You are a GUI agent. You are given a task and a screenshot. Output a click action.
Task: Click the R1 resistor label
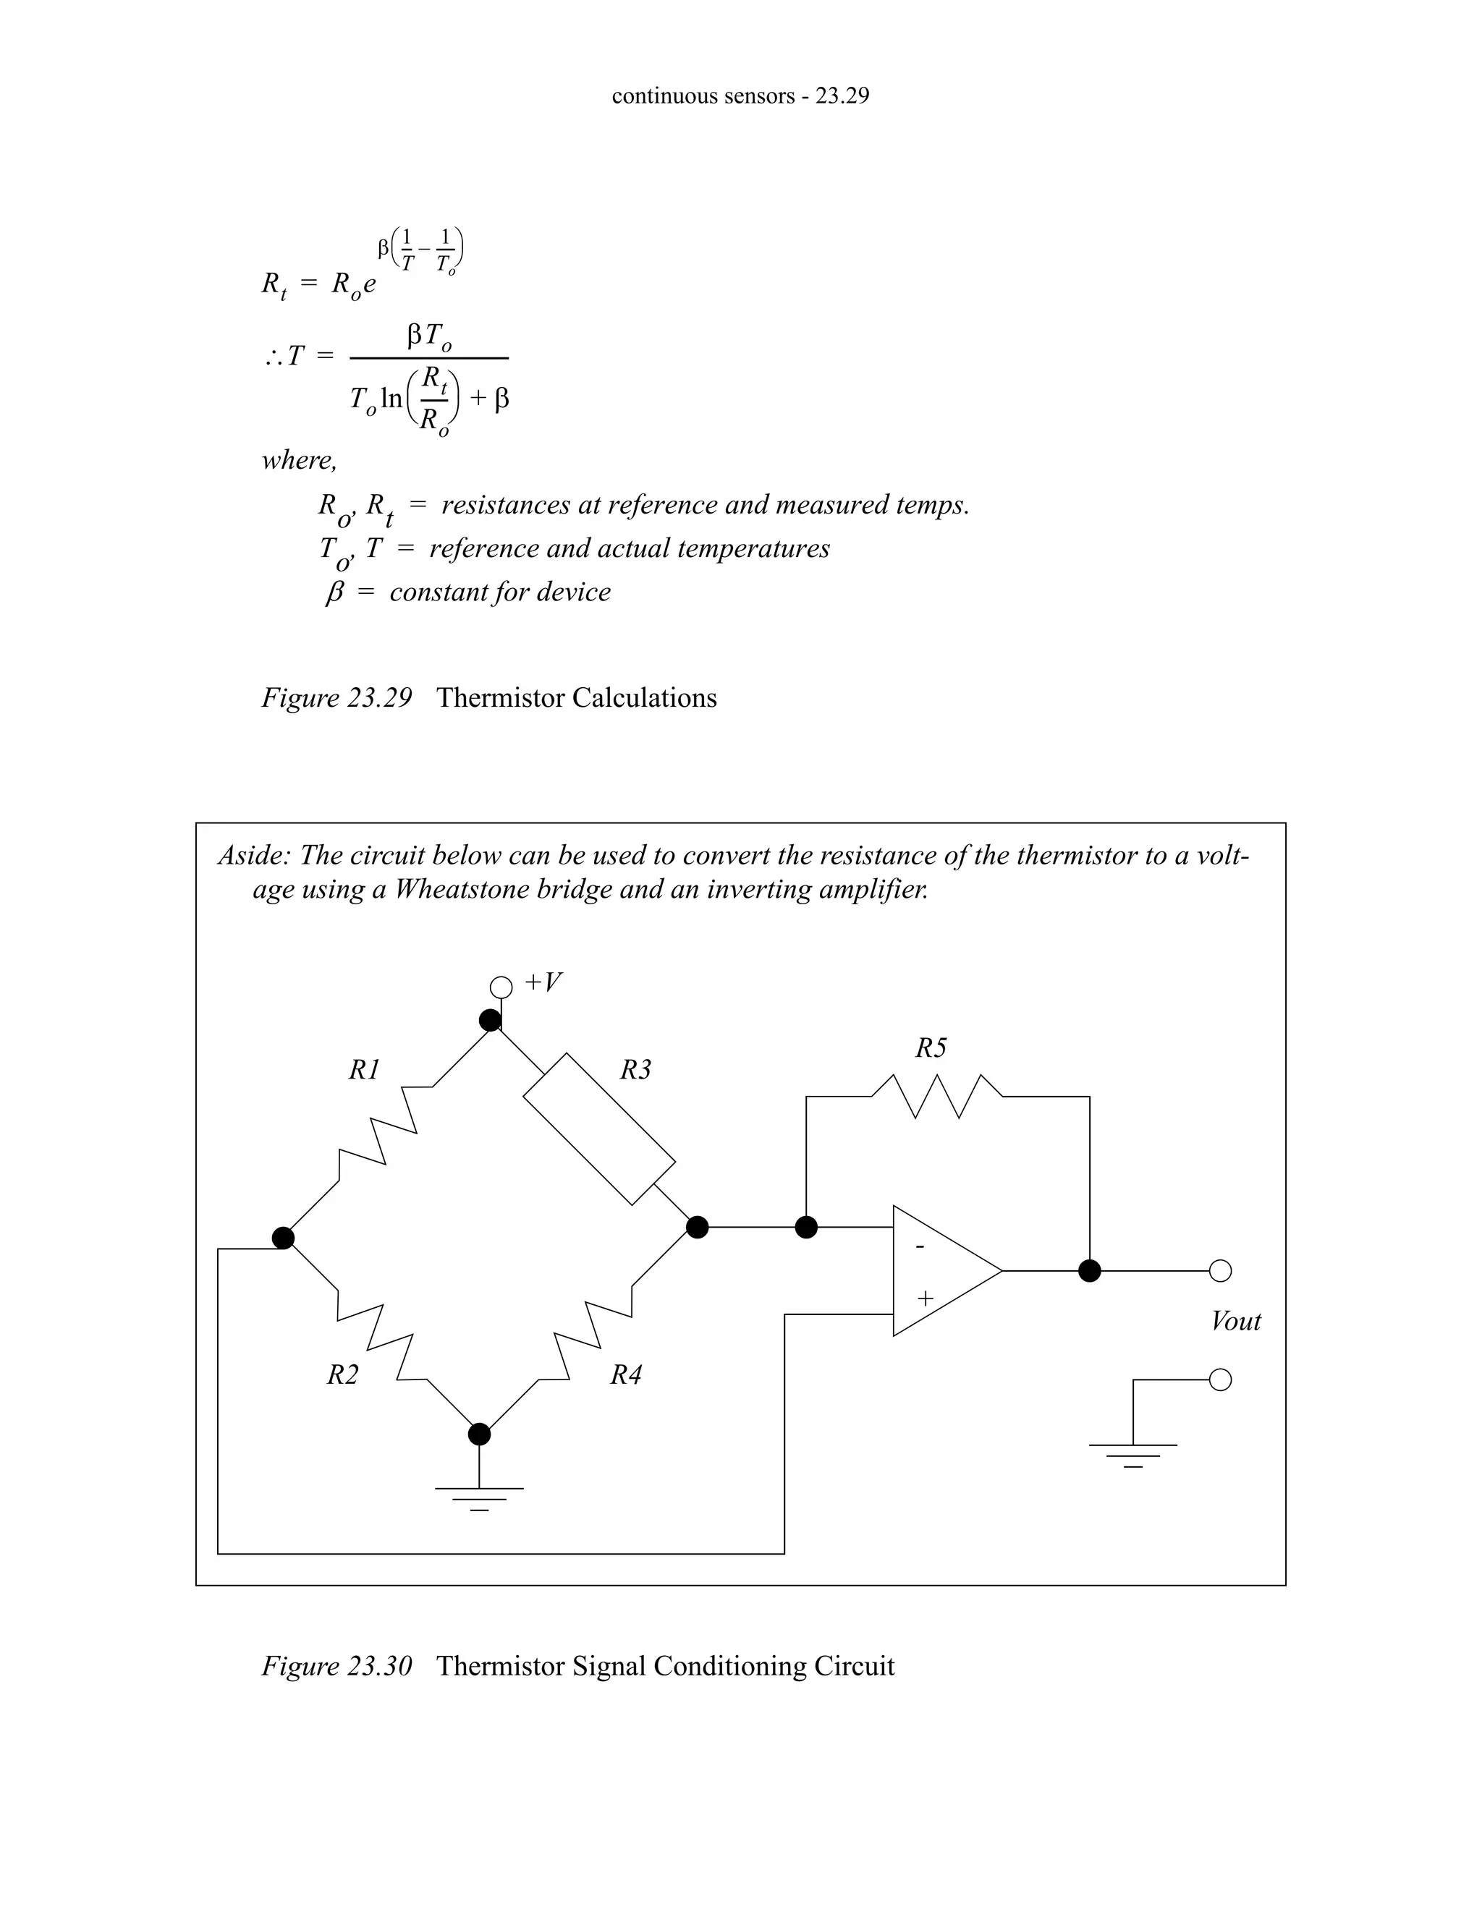pos(365,1070)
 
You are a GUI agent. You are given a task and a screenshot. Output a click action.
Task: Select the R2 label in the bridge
pos(342,1374)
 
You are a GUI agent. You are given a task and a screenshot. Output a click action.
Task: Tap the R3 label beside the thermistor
pos(635,1070)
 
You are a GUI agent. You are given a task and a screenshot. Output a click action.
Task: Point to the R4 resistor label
pos(626,1374)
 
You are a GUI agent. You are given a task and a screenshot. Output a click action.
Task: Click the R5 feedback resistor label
pos(931,1048)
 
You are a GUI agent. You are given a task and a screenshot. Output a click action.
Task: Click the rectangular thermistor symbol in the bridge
pos(600,1128)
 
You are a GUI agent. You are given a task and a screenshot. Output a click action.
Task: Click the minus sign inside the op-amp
pos(920,1246)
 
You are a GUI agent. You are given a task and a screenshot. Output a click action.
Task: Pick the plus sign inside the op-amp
pos(925,1298)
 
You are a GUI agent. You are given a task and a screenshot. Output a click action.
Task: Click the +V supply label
pos(543,982)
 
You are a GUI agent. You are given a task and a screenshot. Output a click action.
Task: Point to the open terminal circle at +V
pos(501,987)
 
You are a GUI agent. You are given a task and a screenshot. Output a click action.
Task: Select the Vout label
pos(1235,1322)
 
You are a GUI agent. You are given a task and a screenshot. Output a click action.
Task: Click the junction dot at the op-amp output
pos(1090,1270)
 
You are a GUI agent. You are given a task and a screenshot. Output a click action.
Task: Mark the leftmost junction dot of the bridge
pos(283,1238)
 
